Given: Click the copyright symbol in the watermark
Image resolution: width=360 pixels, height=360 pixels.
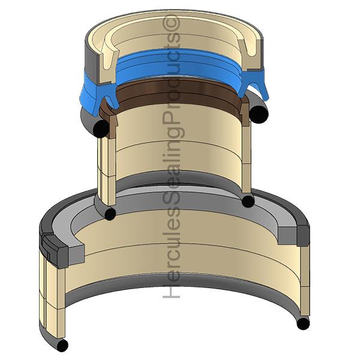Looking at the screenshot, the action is pyautogui.click(x=171, y=23).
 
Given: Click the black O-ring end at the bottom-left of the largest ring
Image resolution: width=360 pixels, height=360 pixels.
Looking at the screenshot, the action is pyautogui.click(x=62, y=345).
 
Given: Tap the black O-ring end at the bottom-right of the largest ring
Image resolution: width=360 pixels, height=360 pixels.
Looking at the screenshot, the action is pyautogui.click(x=303, y=323).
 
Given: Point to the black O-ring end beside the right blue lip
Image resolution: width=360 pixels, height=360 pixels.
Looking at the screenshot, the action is pyautogui.click(x=259, y=114).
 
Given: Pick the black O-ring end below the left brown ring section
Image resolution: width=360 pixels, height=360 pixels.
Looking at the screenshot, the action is pyautogui.click(x=101, y=128).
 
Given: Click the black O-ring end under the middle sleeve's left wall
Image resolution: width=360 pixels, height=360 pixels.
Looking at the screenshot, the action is pyautogui.click(x=110, y=213).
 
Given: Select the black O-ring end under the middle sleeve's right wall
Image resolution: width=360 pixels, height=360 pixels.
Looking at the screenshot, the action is pyautogui.click(x=248, y=201).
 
